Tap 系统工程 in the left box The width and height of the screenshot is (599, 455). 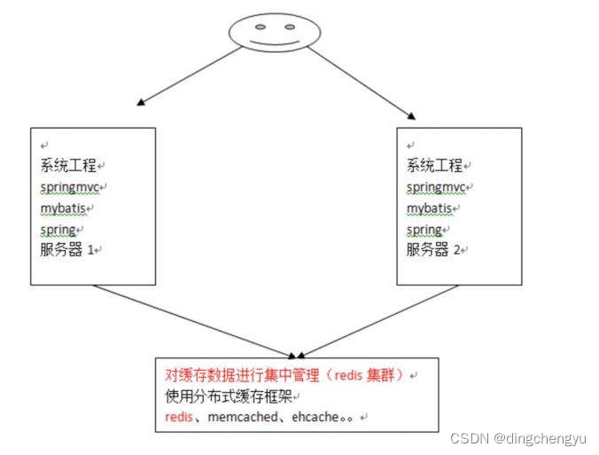tap(67, 165)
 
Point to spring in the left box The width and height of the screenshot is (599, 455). tap(59, 230)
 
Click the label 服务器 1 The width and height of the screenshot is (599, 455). tap(71, 250)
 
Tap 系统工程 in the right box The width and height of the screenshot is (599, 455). tap(434, 165)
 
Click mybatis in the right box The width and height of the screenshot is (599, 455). tap(431, 209)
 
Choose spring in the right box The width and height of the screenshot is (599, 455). tap(425, 230)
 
